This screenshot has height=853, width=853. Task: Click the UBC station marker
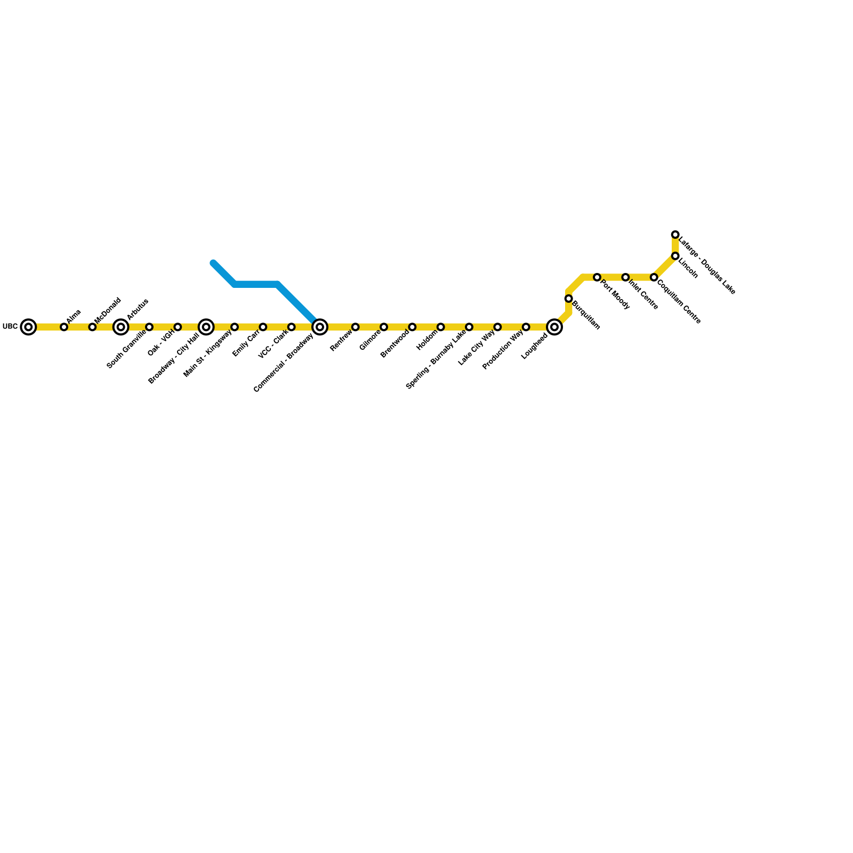click(x=28, y=327)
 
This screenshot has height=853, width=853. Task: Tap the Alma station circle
click(x=64, y=327)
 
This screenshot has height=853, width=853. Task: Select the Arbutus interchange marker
click(x=121, y=327)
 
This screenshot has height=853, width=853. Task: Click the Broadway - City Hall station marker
click(x=206, y=327)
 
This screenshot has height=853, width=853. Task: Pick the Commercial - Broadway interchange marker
click(x=320, y=327)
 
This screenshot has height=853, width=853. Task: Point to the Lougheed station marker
click(x=555, y=327)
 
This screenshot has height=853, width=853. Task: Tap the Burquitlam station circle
click(x=569, y=299)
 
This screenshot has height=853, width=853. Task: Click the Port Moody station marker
click(x=597, y=277)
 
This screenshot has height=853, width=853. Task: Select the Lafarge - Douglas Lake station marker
click(x=675, y=235)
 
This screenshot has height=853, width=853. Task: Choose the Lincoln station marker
click(x=675, y=256)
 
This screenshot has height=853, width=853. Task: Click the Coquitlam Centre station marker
click(x=654, y=277)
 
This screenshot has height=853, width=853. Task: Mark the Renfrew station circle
click(x=356, y=327)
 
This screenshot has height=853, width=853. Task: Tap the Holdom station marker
click(x=441, y=327)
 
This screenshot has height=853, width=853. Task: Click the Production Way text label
click(x=503, y=350)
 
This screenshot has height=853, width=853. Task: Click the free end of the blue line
click(x=213, y=263)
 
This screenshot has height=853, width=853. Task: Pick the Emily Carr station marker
click(x=263, y=327)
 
